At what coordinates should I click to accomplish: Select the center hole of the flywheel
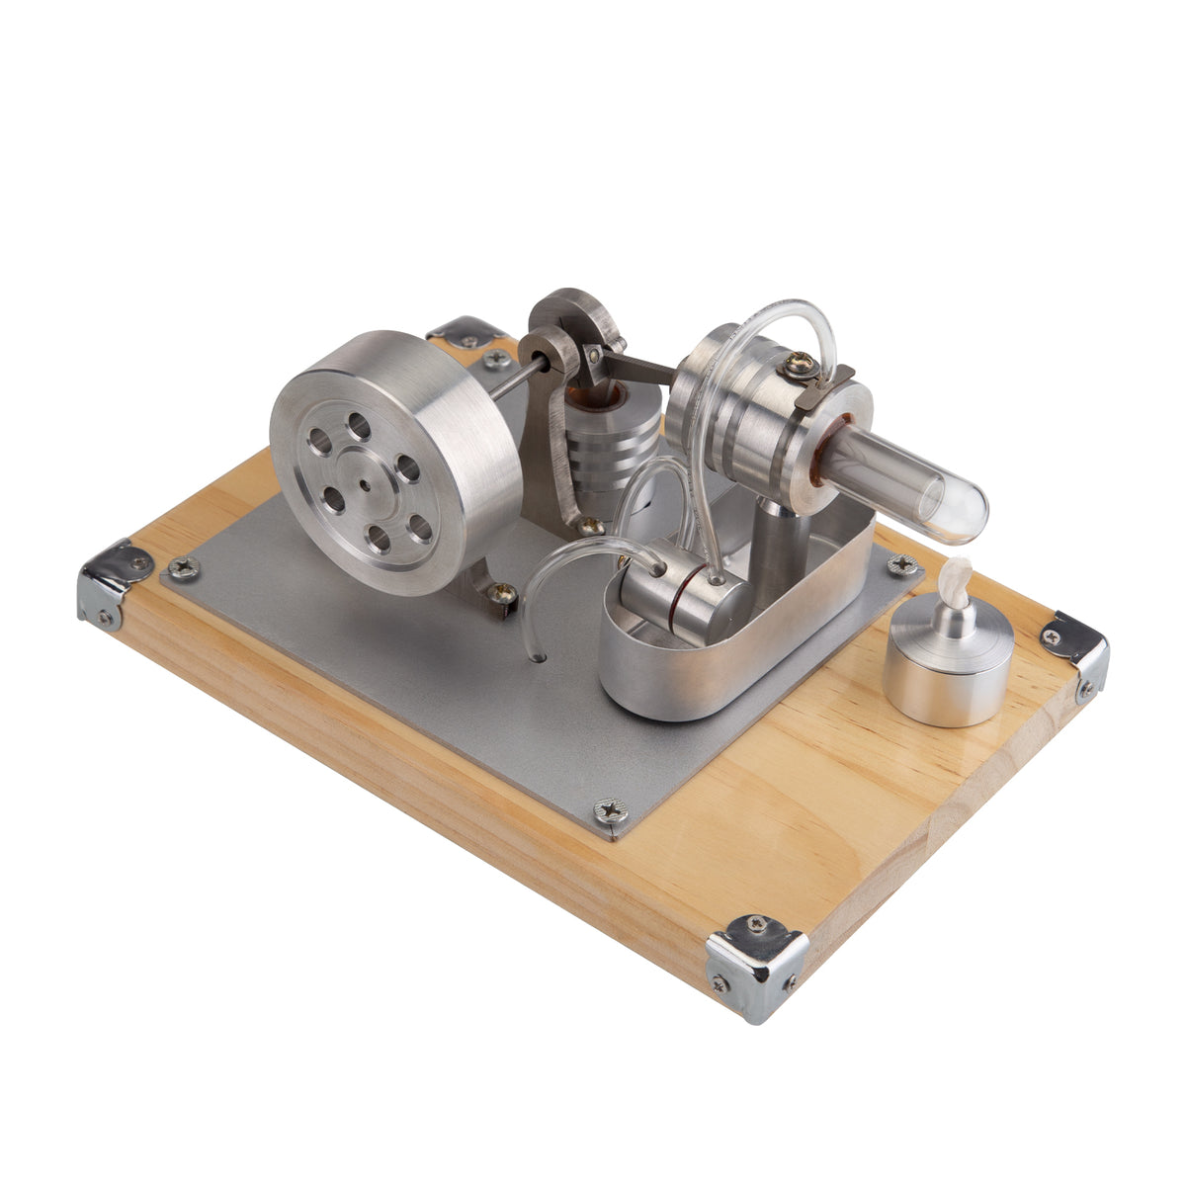tap(366, 484)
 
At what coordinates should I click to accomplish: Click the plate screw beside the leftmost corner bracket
tap(183, 567)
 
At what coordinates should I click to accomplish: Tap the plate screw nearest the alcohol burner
tap(901, 564)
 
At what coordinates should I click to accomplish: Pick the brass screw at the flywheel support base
tap(503, 593)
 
